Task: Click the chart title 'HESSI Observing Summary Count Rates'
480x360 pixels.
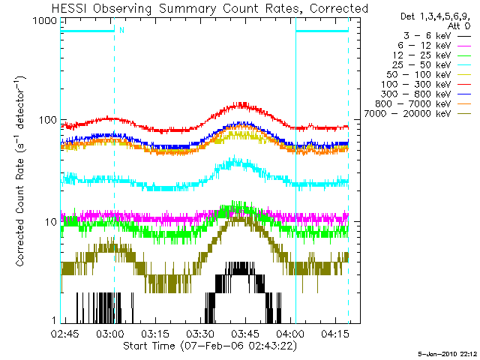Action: [210, 8]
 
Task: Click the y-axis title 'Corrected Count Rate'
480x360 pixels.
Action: [21, 171]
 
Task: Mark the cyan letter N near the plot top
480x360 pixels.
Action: [121, 31]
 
